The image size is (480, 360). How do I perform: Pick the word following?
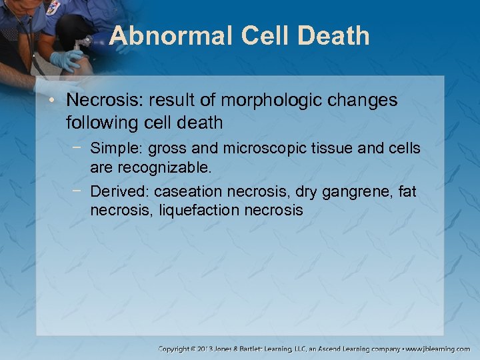pos(99,123)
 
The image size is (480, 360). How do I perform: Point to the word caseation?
pos(189,192)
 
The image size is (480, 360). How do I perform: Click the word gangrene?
pos(353,192)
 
